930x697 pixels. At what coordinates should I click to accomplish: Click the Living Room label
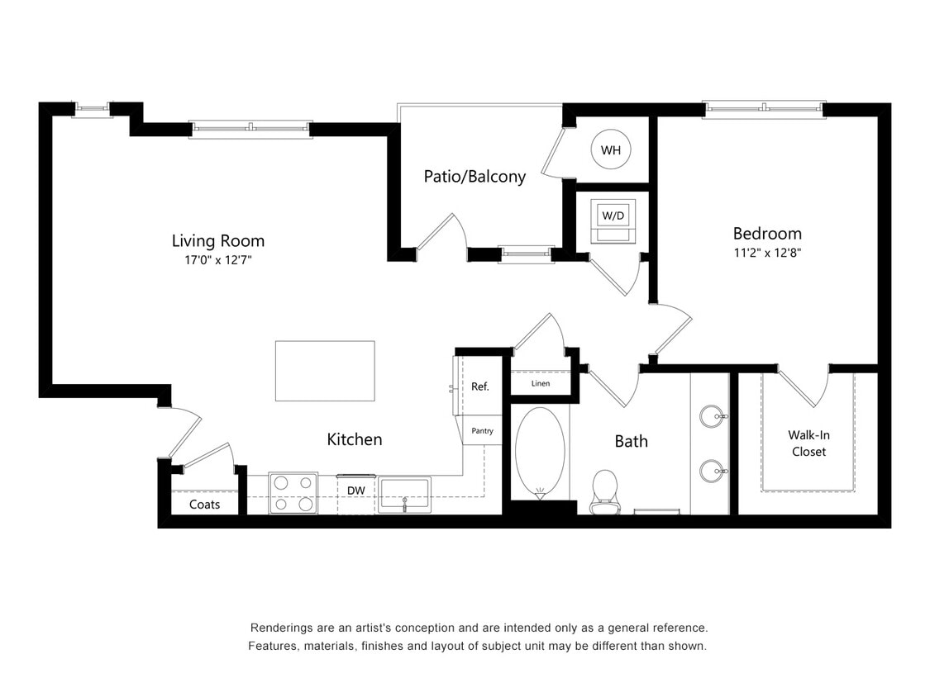(x=217, y=241)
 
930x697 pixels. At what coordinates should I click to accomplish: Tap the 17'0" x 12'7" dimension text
(x=217, y=260)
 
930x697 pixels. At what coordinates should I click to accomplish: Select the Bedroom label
(x=767, y=234)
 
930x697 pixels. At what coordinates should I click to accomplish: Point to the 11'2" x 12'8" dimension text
(x=767, y=253)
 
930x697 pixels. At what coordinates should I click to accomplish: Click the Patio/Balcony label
(x=475, y=176)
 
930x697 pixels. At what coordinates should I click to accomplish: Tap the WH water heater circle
(x=611, y=150)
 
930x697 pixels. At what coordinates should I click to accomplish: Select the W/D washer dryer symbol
(x=613, y=220)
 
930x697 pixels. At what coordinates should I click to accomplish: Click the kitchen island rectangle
(x=325, y=371)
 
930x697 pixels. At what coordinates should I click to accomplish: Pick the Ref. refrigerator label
(x=480, y=386)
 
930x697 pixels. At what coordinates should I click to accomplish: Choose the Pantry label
(x=482, y=431)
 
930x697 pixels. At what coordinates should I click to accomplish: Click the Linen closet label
(x=540, y=384)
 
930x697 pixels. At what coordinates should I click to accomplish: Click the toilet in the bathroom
(x=605, y=491)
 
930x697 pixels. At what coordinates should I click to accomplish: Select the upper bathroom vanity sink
(x=711, y=416)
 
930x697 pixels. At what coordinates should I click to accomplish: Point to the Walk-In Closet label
(x=808, y=443)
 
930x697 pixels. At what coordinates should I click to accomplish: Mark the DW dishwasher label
(x=356, y=491)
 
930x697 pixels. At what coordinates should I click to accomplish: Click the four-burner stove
(x=293, y=493)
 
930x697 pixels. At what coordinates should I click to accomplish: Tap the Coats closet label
(x=204, y=504)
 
